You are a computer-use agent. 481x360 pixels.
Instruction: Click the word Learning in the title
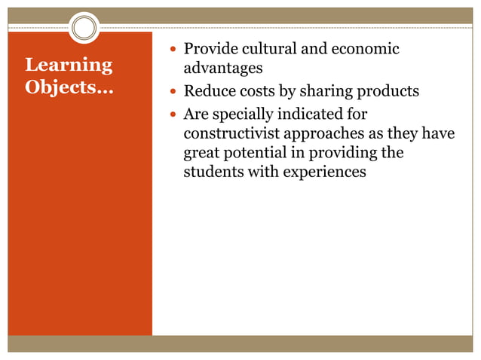pyautogui.click(x=69, y=66)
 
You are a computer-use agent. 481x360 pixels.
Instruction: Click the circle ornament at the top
pyautogui.click(x=84, y=28)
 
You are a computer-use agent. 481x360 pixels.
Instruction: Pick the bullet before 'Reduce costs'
pyautogui.click(x=173, y=93)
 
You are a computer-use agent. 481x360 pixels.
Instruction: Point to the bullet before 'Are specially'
pyautogui.click(x=173, y=116)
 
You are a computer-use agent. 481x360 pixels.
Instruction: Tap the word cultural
pyautogui.click(x=269, y=49)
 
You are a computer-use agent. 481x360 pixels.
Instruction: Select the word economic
pyautogui.click(x=365, y=49)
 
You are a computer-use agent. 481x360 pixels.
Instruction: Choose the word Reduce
pyautogui.click(x=208, y=92)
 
